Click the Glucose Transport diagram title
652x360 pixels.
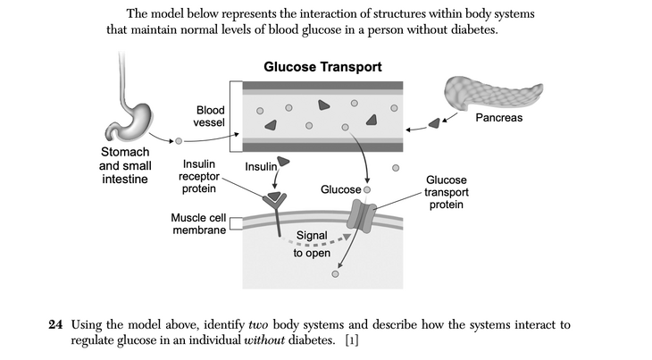pos(322,67)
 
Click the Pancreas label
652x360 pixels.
pos(498,118)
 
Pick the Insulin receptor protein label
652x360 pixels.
pos(198,177)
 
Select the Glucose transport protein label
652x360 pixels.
pos(445,192)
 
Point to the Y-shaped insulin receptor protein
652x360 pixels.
pos(274,209)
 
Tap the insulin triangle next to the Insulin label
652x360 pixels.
pos(284,162)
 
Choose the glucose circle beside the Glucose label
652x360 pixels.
pos(366,189)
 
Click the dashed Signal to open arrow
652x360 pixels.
pos(317,236)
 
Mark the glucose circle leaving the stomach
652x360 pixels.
pos(179,141)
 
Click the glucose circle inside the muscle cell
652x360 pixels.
pos(335,273)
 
